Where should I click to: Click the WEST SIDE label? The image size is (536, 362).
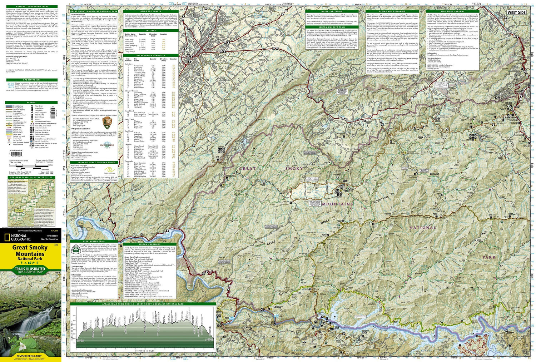click(516, 13)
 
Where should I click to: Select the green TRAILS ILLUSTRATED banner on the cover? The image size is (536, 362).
click(30, 270)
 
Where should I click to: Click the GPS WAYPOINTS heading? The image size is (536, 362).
click(31, 80)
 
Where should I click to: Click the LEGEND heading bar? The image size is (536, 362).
click(31, 103)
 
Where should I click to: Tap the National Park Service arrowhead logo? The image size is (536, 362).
click(107, 124)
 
